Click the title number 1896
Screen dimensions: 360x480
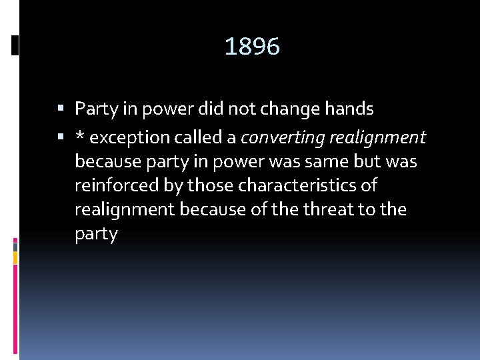(252, 47)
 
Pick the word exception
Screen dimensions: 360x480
(128, 138)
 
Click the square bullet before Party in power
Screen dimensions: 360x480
(61, 108)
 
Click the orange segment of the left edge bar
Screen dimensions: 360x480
(15, 257)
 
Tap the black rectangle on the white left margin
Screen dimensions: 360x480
(15, 45)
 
